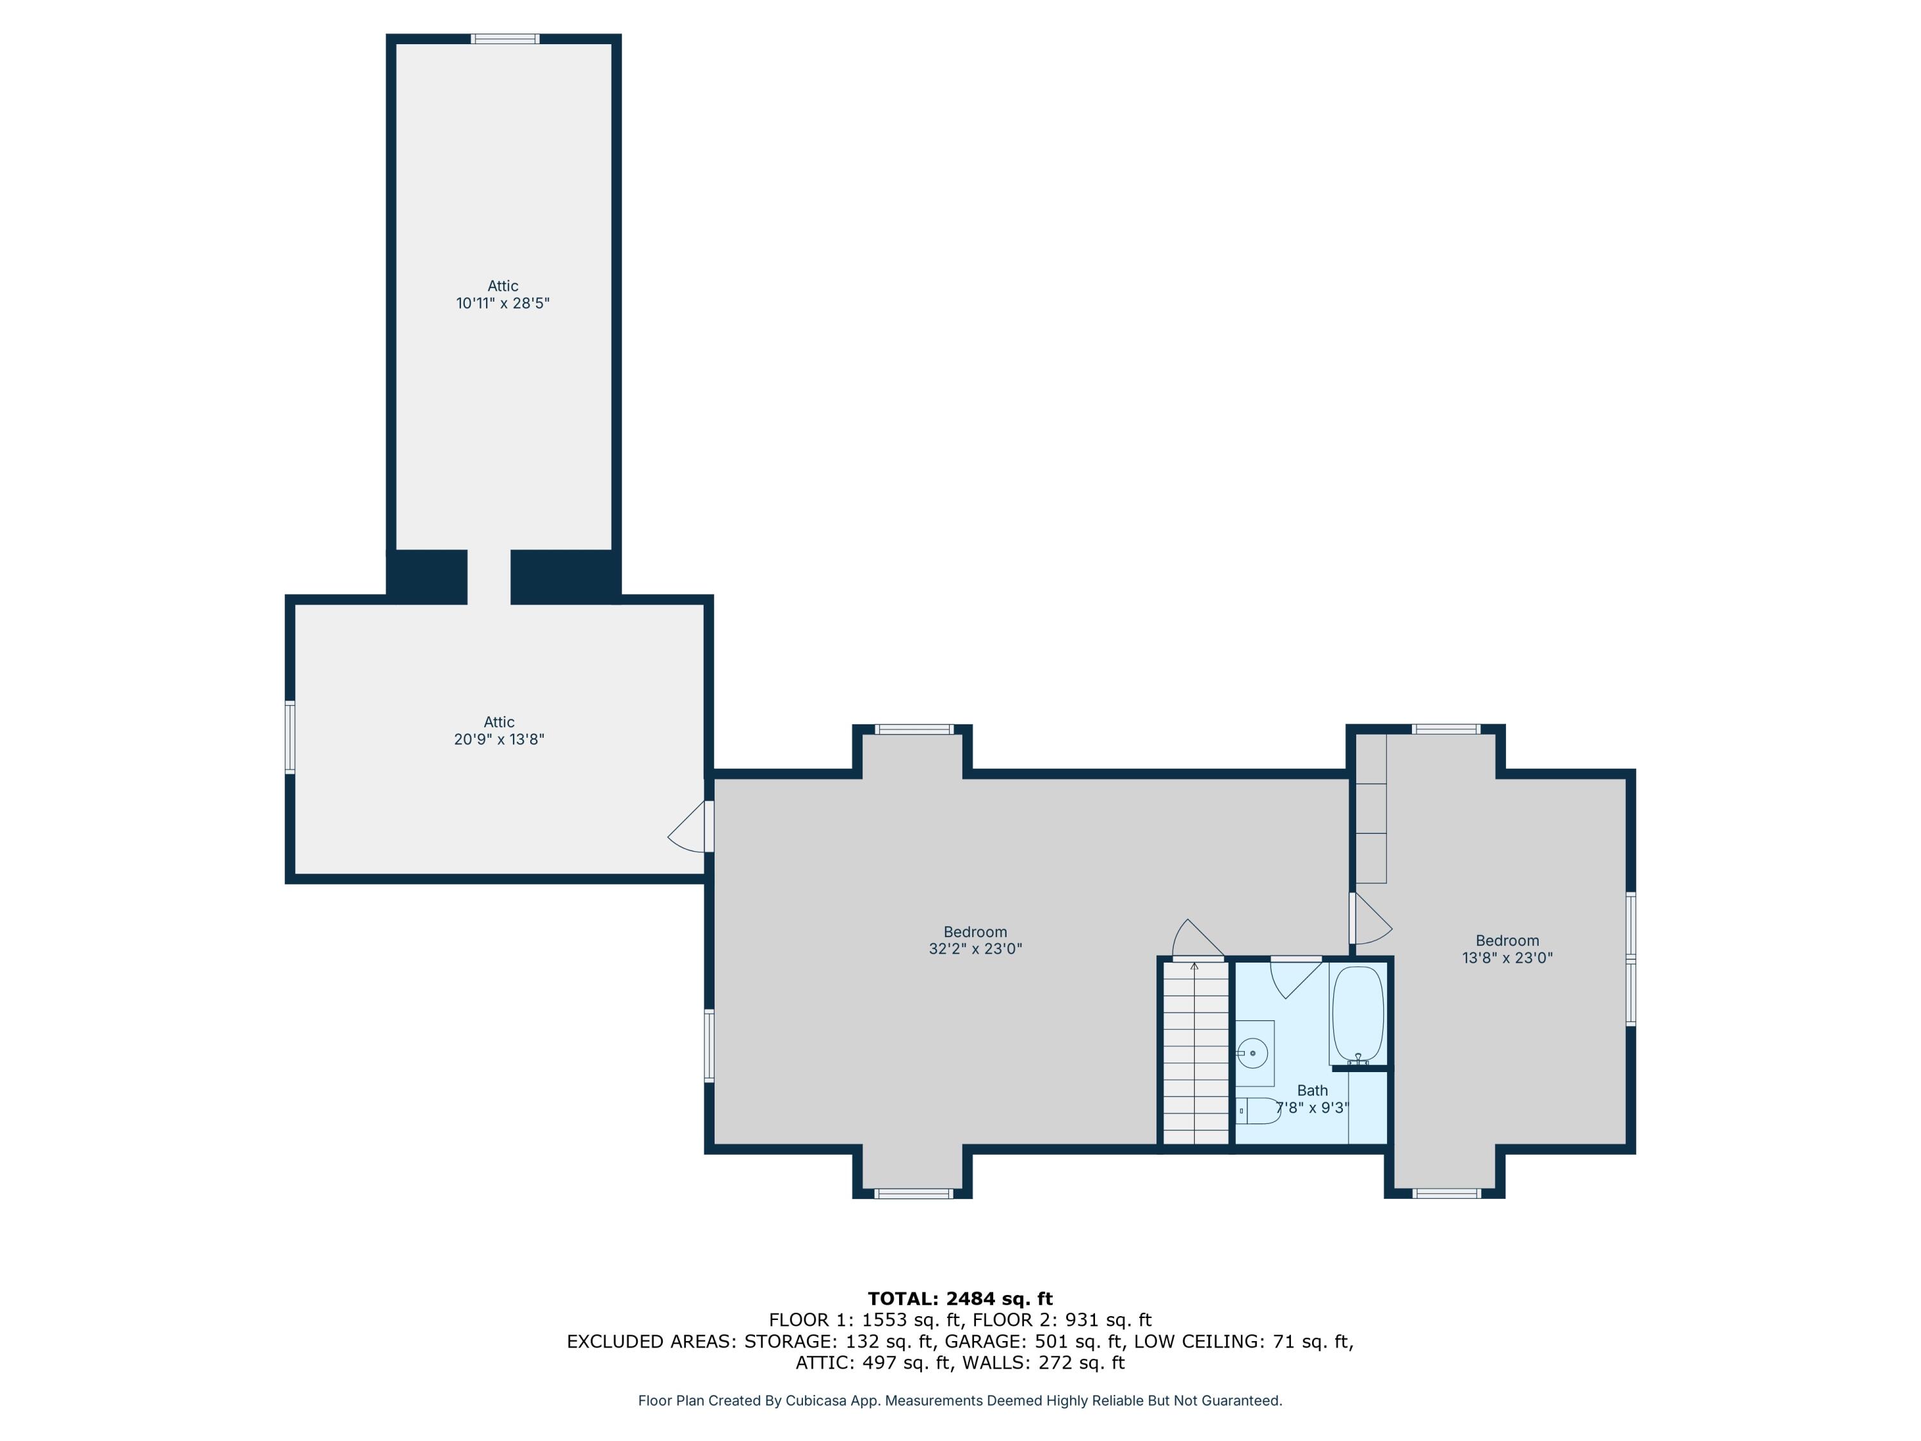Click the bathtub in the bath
click(1358, 1014)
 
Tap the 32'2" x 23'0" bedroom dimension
click(975, 949)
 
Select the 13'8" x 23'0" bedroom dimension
click(1507, 958)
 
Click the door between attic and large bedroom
click(690, 827)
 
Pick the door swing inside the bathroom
click(1294, 977)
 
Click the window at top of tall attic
click(505, 39)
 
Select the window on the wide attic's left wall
click(290, 737)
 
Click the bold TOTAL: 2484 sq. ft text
click(960, 1299)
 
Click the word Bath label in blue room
click(1312, 1090)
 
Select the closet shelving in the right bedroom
click(1370, 808)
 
